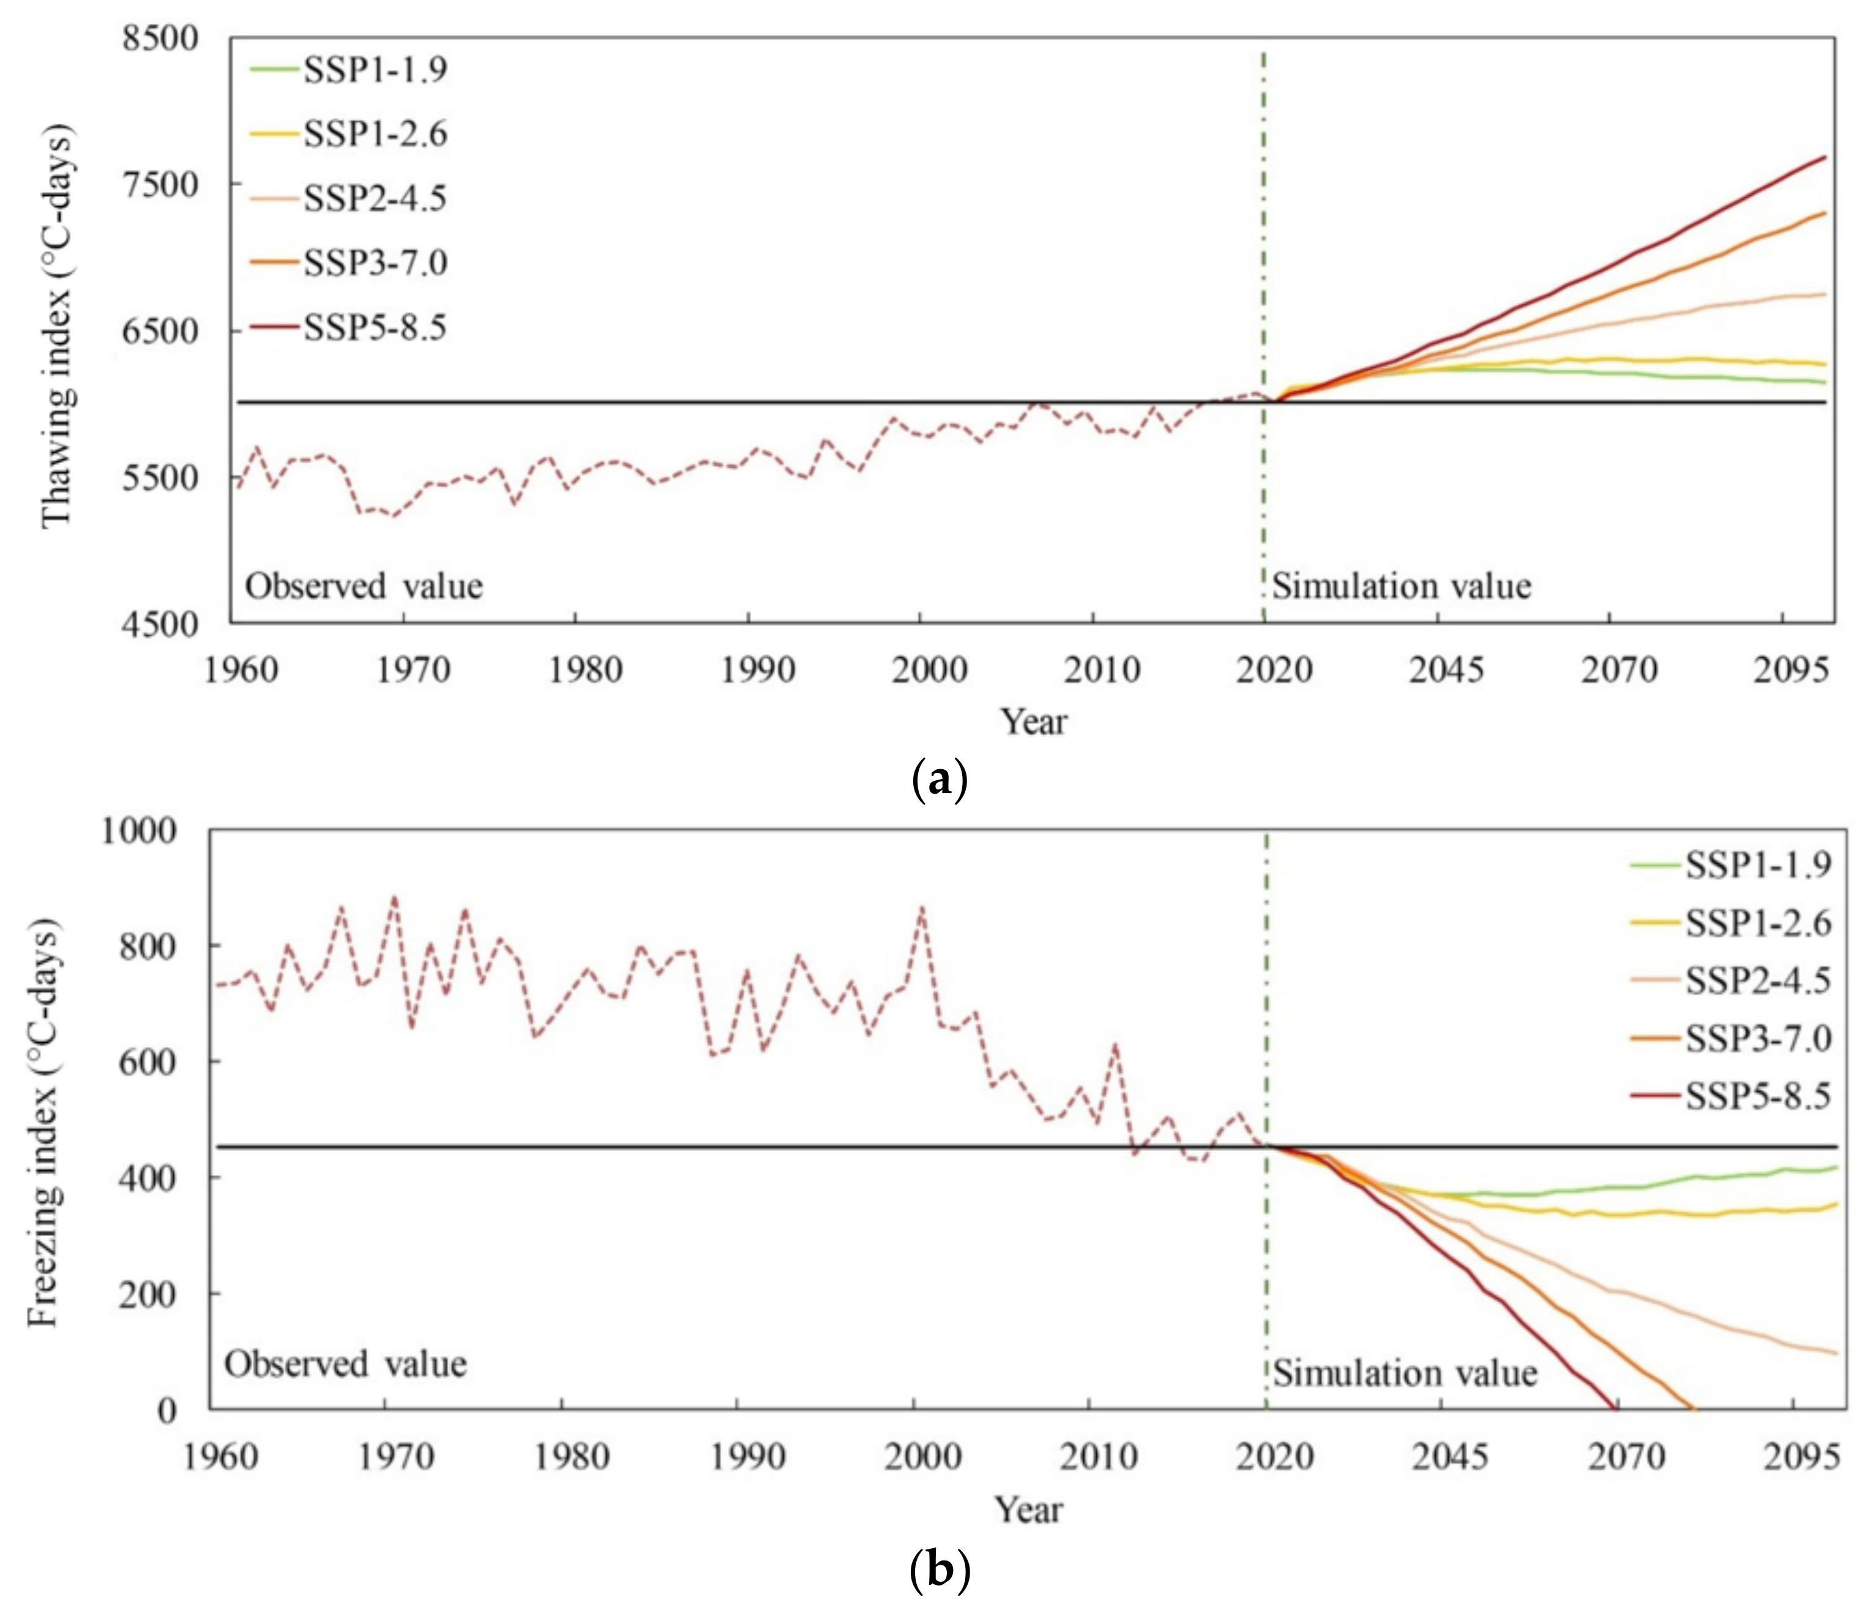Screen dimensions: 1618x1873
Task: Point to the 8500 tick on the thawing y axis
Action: click(x=160, y=39)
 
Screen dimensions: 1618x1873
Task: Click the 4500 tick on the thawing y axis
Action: click(x=160, y=624)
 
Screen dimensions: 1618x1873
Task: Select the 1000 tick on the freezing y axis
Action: click(x=137, y=830)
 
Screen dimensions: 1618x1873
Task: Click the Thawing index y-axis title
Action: click(x=57, y=326)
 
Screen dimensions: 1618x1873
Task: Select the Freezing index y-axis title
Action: click(x=43, y=1122)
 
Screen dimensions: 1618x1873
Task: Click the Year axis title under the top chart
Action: click(x=1033, y=721)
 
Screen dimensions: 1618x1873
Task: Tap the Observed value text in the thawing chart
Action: click(x=364, y=587)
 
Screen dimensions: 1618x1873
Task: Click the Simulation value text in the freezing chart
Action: click(x=1405, y=1373)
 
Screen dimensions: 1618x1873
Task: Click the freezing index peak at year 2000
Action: click(x=921, y=906)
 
